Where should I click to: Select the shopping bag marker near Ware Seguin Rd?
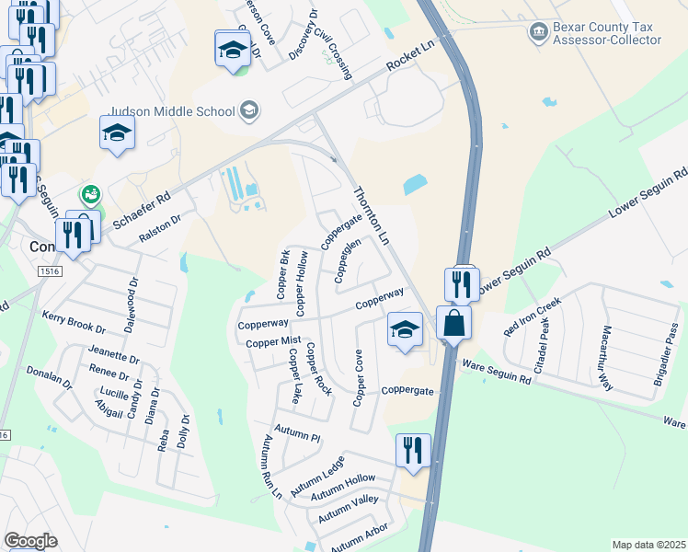coord(454,325)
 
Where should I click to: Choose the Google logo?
coord(30,541)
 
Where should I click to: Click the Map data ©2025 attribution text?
coord(649,545)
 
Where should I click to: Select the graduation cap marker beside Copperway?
coord(404,331)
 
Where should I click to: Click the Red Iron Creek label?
coord(532,316)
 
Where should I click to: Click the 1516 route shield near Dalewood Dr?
coord(50,271)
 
